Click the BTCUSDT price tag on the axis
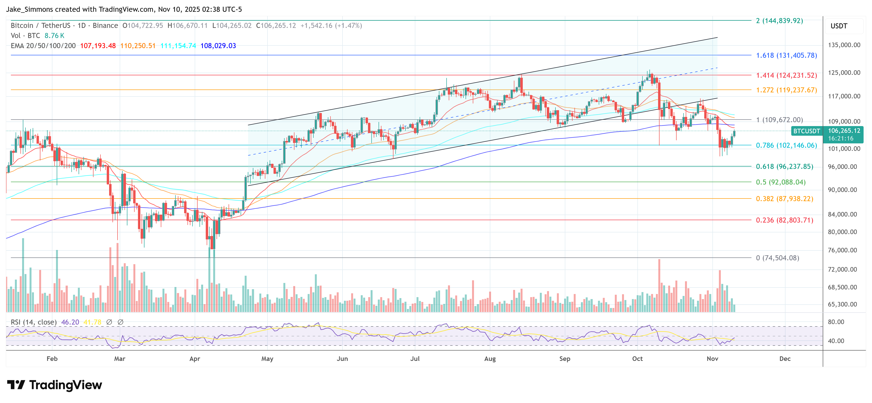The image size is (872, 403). click(x=806, y=131)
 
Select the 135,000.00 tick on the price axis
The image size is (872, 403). click(x=844, y=45)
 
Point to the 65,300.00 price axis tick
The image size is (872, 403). click(x=842, y=304)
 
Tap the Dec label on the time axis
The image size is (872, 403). click(x=785, y=358)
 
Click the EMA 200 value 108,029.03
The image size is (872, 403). click(x=218, y=46)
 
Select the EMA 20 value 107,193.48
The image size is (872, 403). click(x=98, y=46)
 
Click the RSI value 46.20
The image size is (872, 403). click(x=70, y=322)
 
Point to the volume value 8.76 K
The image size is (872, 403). click(x=54, y=36)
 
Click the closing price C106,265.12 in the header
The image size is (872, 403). click(x=276, y=26)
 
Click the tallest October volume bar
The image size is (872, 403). click(x=659, y=285)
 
